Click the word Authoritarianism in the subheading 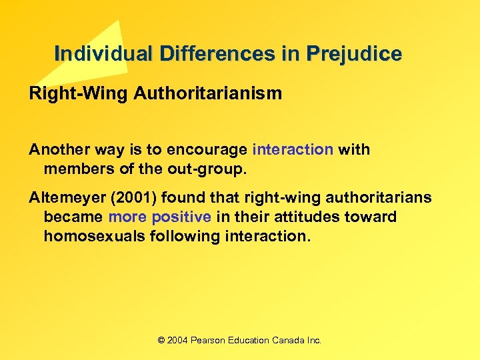pos(208,93)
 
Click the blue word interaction pos(293,149)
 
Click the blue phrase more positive pos(159,217)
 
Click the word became pos(73,217)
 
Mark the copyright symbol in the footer pos(161,340)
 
